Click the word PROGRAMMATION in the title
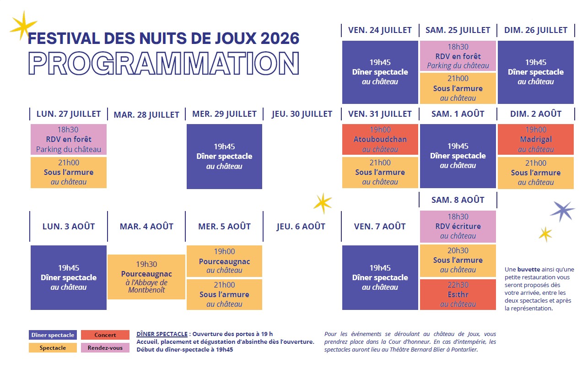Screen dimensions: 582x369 (164, 63)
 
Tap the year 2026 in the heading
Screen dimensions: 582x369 (280, 38)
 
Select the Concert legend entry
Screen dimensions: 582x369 (105, 335)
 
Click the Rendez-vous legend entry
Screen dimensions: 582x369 (105, 347)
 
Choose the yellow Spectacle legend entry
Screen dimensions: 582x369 (53, 347)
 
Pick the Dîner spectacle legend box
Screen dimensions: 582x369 (53, 335)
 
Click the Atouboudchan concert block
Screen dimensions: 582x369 (380, 139)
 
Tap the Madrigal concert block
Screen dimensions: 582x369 (535, 139)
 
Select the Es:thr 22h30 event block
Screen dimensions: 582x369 (458, 294)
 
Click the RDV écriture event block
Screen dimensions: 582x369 (458, 227)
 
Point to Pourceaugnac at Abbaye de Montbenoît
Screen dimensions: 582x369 (146, 277)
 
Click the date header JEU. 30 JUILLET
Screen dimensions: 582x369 (302, 114)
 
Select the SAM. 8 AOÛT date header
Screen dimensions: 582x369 (458, 200)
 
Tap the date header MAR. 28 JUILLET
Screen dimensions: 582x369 (146, 114)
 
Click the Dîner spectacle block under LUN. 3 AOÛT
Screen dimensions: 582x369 (69, 277)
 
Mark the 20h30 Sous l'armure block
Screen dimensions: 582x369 (458, 260)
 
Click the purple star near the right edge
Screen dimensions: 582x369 (562, 211)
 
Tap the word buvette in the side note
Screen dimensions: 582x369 (529, 269)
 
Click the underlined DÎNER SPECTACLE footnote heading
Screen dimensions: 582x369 (162, 334)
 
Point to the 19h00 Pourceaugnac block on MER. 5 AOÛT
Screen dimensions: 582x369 (224, 261)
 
